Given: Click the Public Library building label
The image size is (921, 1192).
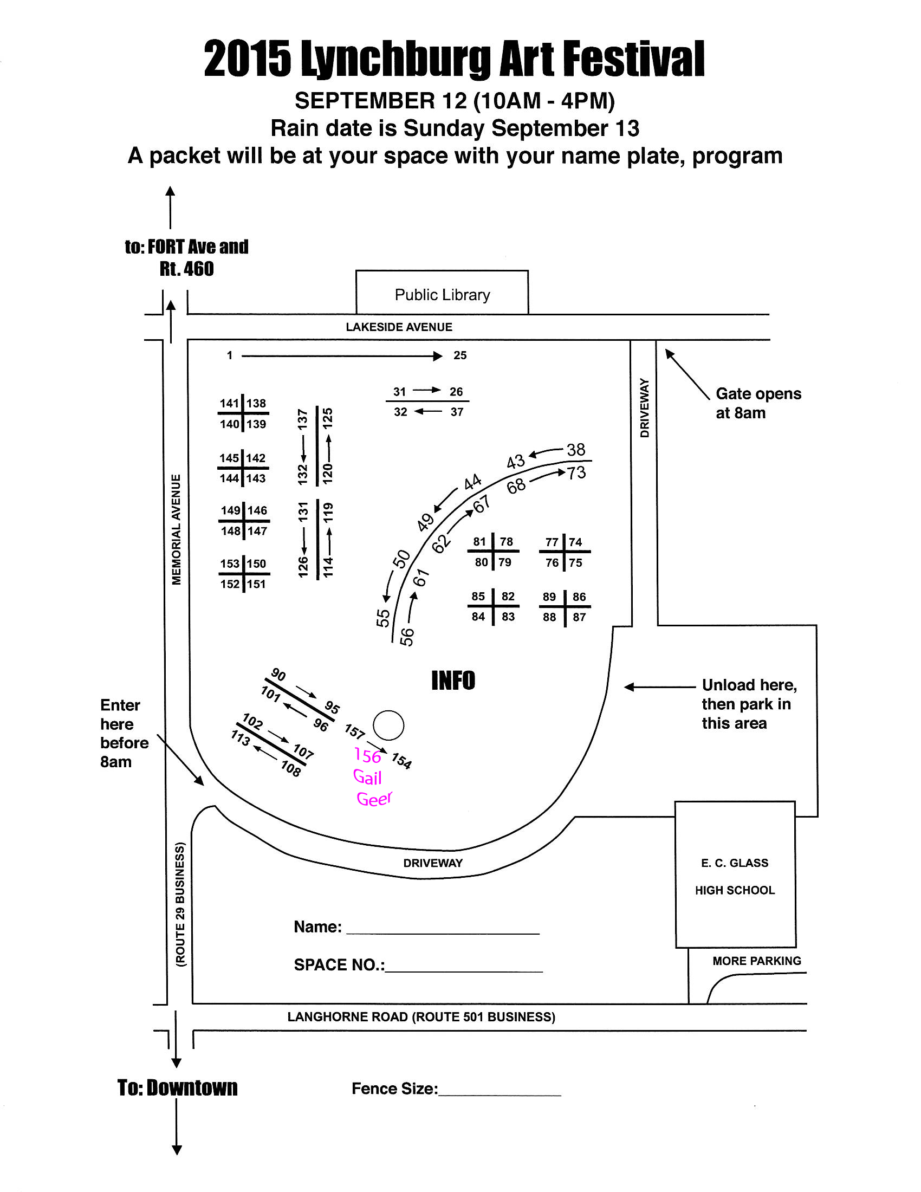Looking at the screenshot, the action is click(x=442, y=295).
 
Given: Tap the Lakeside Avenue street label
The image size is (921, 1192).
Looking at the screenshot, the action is click(x=399, y=327).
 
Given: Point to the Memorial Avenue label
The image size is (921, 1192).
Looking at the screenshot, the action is click(x=176, y=529).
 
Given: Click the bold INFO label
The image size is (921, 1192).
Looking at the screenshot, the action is click(x=453, y=681).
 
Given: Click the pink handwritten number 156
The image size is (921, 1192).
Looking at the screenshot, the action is click(x=368, y=756).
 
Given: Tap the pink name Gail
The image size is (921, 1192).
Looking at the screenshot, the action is click(x=367, y=777).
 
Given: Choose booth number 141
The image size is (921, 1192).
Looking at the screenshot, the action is click(x=229, y=403).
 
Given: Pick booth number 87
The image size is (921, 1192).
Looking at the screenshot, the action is click(x=579, y=617).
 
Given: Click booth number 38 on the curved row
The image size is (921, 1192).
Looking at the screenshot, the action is click(x=575, y=450).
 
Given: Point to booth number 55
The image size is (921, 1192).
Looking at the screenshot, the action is click(x=383, y=618).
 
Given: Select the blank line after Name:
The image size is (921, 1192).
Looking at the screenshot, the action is click(x=443, y=934).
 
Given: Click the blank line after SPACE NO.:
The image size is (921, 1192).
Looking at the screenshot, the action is click(x=464, y=971).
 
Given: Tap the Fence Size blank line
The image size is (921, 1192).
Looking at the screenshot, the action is click(x=500, y=1095).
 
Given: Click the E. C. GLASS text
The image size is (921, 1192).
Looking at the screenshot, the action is click(x=735, y=863).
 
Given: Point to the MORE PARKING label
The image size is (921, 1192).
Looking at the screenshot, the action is click(x=757, y=961).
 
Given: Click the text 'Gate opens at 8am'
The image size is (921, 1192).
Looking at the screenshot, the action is click(x=758, y=403).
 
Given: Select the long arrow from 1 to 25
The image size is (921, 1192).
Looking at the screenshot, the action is click(x=341, y=356).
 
